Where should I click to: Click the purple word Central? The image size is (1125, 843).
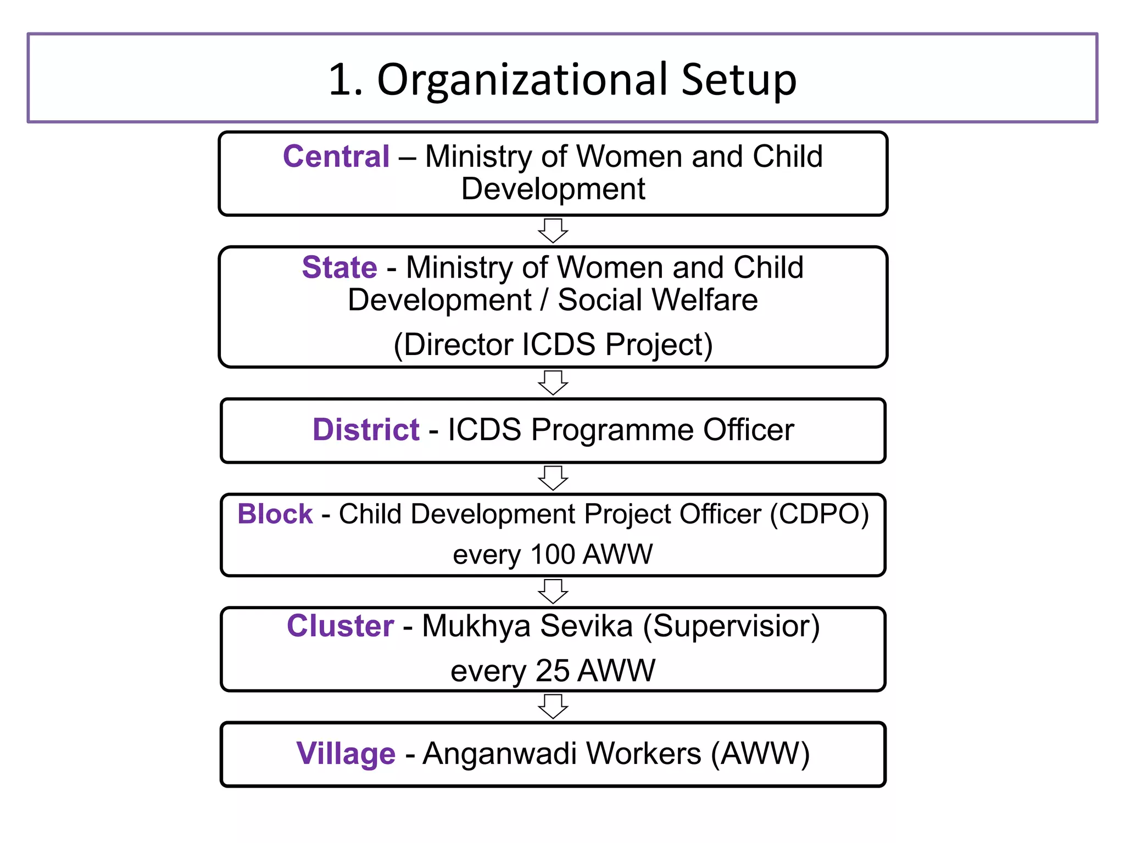[x=336, y=157]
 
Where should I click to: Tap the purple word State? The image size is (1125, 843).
[x=339, y=268]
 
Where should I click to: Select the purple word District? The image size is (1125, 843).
[x=366, y=430]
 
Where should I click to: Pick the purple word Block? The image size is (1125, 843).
[x=275, y=515]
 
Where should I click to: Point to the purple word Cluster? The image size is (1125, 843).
[x=340, y=626]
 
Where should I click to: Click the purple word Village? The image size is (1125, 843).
[x=346, y=754]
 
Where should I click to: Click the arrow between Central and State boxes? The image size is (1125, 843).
[x=553, y=231]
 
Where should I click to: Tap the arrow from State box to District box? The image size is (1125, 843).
[x=553, y=383]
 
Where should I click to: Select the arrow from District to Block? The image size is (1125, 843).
[x=553, y=478]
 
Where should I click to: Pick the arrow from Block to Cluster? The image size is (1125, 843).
[x=553, y=591]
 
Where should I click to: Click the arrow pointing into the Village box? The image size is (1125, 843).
[x=553, y=706]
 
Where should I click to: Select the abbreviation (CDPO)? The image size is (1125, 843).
[x=819, y=515]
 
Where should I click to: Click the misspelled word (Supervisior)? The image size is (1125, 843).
[x=731, y=626]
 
